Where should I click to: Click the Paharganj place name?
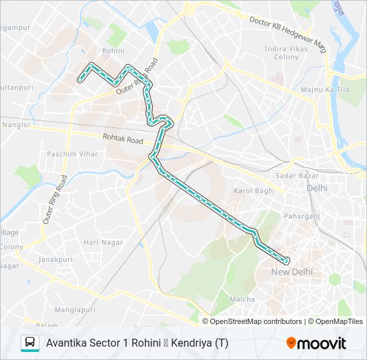click(302, 215)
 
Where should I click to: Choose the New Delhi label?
click(292, 272)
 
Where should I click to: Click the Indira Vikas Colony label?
click(286, 53)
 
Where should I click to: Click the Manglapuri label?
click(75, 309)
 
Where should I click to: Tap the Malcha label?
click(242, 299)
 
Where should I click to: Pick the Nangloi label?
click(15, 125)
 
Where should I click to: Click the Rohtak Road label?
click(123, 140)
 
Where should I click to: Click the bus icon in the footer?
click(29, 343)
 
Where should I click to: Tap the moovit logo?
click(316, 343)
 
